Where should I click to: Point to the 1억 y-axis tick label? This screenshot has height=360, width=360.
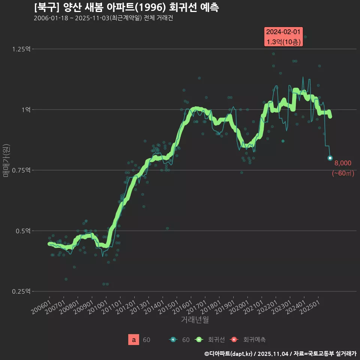point(26,110)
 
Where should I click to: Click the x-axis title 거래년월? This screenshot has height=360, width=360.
point(195,320)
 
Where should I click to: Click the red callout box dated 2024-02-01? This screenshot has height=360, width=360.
point(283,37)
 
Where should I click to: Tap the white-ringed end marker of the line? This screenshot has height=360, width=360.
point(330,158)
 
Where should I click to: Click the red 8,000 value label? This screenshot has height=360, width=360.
point(343,163)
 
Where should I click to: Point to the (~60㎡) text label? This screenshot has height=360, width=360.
point(343,173)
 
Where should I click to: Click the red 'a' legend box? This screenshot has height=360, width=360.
point(133,340)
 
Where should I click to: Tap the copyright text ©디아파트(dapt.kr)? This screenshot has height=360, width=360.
point(229,354)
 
